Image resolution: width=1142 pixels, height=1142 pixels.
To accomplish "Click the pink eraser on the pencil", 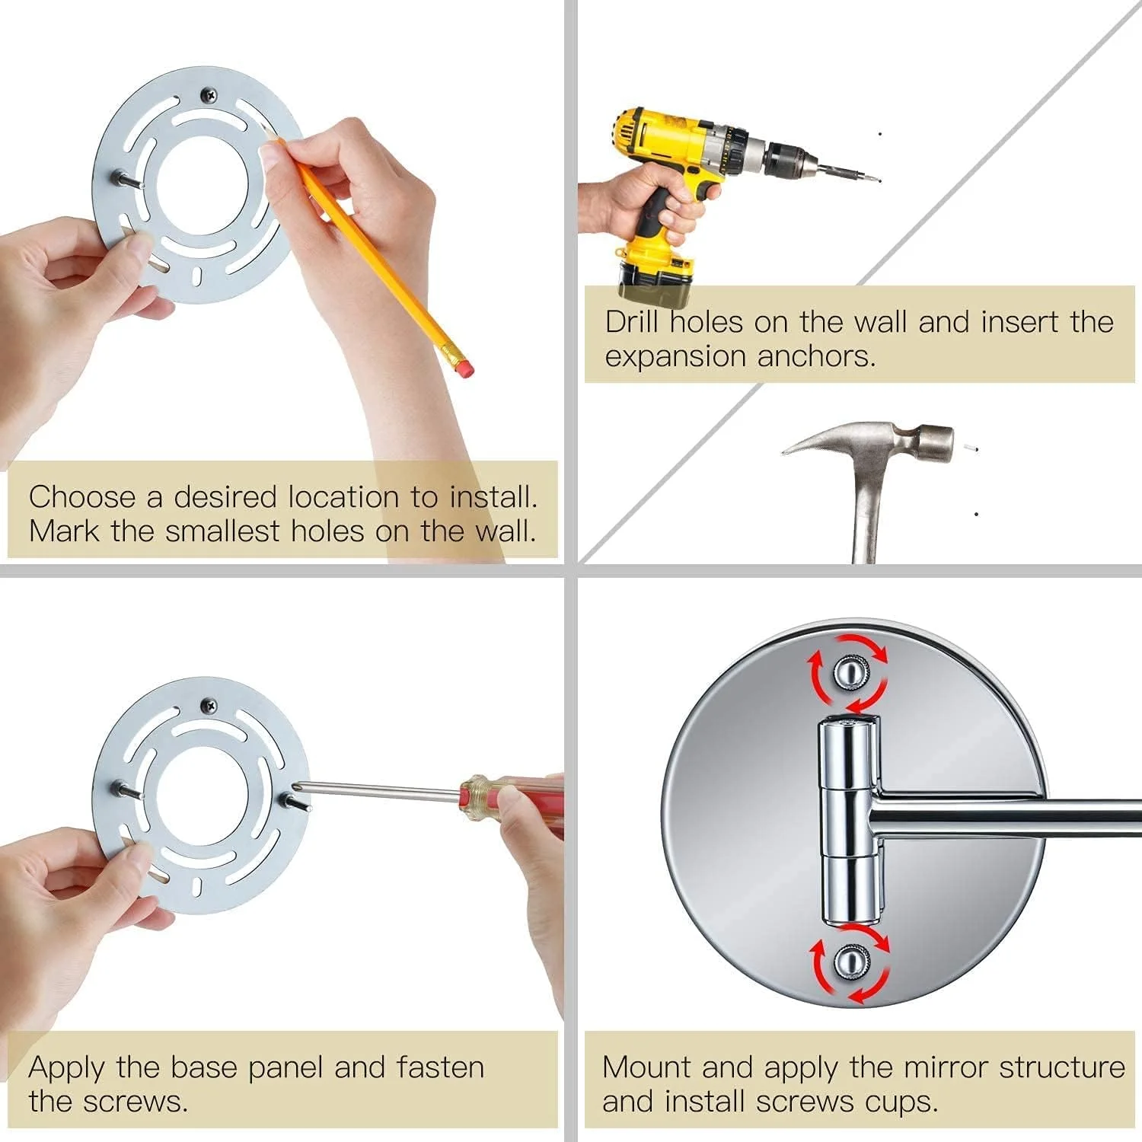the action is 460,365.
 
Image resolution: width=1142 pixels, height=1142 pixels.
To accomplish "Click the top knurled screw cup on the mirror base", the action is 850,671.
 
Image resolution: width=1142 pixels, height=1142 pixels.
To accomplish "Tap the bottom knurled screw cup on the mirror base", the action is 850,963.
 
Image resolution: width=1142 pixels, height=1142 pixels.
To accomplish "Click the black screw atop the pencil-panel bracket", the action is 209,95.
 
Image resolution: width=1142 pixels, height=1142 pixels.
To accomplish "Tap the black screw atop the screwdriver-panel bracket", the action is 209,706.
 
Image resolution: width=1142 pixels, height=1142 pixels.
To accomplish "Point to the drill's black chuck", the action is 788,159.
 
